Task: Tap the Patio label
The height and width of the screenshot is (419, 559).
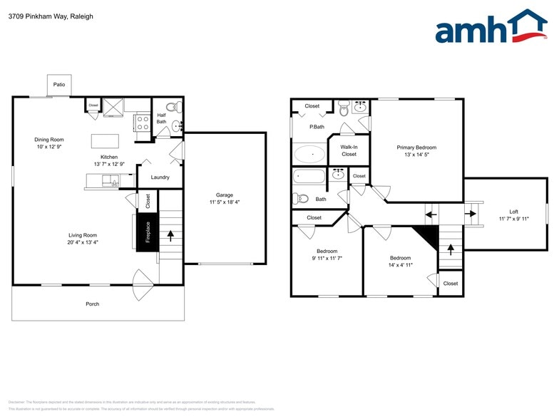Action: pyautogui.click(x=59, y=85)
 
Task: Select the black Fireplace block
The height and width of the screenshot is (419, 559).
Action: pyautogui.click(x=148, y=232)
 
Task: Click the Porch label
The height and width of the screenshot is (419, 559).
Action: pyautogui.click(x=92, y=304)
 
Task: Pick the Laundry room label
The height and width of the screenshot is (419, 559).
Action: pyautogui.click(x=160, y=177)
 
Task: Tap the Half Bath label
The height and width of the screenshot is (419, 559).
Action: pyautogui.click(x=161, y=118)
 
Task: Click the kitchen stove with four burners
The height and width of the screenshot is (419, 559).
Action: pyautogui.click(x=141, y=122)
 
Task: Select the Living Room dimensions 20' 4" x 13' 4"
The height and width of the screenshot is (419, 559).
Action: pyautogui.click(x=83, y=242)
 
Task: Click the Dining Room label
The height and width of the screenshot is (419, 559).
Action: pyautogui.click(x=49, y=140)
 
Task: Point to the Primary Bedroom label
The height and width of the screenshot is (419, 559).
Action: pyautogui.click(x=416, y=148)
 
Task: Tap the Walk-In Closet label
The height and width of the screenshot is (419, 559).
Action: pyautogui.click(x=349, y=150)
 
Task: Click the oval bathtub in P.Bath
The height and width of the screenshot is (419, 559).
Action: pyautogui.click(x=309, y=154)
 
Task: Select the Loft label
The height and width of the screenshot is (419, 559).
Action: pyautogui.click(x=513, y=212)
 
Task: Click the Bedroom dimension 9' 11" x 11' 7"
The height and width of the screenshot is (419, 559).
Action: pyautogui.click(x=327, y=258)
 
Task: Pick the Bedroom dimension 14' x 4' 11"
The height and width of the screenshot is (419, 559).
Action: pyautogui.click(x=400, y=264)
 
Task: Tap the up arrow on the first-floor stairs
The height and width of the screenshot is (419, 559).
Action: pyautogui.click(x=170, y=233)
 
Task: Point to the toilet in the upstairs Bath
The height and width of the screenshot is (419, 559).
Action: pyautogui.click(x=300, y=199)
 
